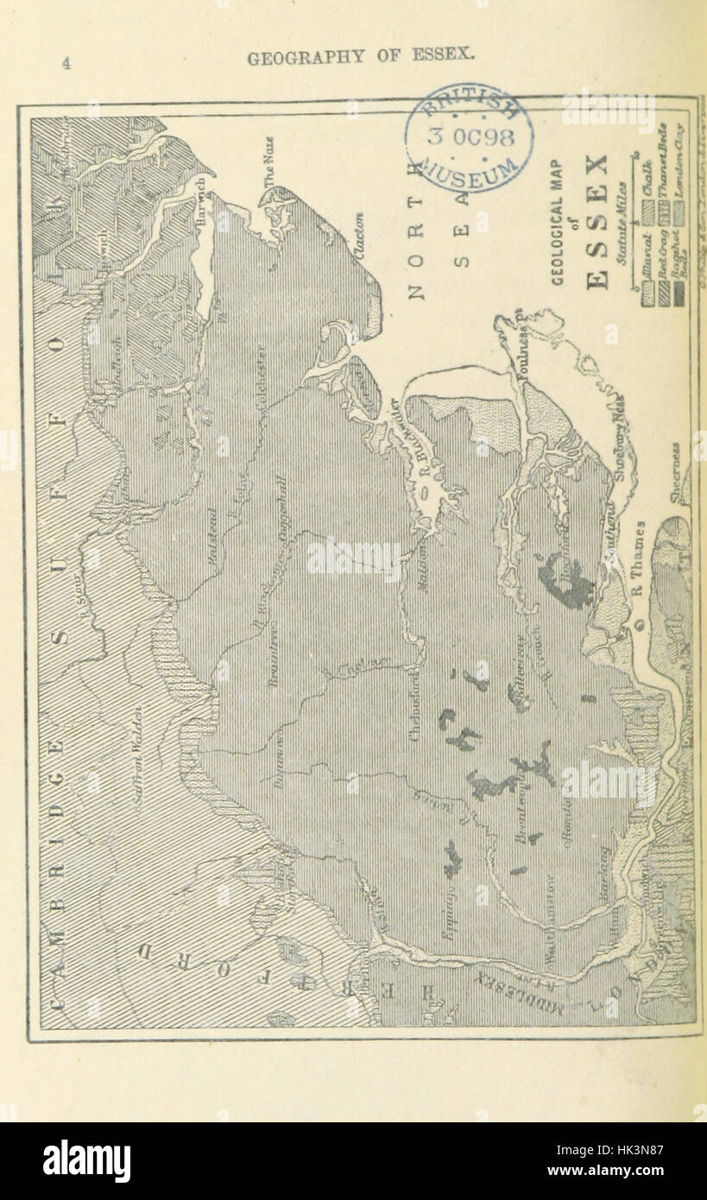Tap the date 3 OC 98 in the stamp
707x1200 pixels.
click(470, 137)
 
